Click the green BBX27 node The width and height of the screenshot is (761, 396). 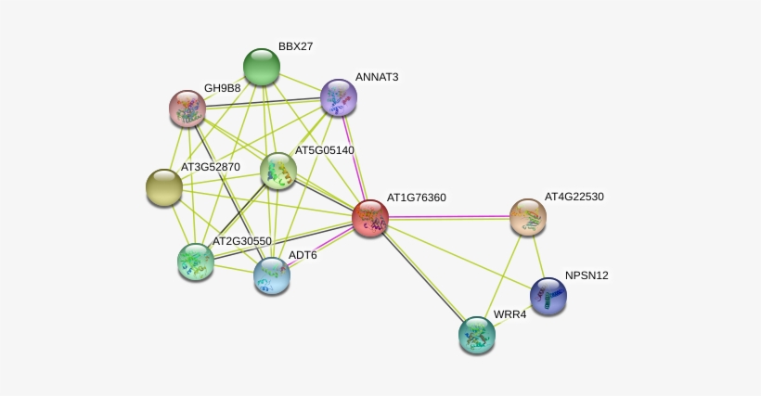tap(262, 67)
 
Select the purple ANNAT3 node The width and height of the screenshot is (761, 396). tap(339, 98)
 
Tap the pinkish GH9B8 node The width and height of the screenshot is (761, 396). tap(187, 109)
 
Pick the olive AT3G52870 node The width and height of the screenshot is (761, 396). tap(164, 187)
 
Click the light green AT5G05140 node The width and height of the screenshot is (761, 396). tap(278, 171)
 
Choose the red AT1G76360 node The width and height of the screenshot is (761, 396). tap(370, 218)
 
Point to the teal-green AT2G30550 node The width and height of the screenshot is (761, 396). tap(196, 262)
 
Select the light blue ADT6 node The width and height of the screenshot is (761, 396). tap(272, 275)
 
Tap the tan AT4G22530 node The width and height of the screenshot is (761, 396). tap(528, 217)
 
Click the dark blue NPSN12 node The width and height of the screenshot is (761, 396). tap(548, 296)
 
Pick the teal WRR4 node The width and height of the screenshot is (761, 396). tap(477, 336)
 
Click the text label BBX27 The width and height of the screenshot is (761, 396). tap(295, 46)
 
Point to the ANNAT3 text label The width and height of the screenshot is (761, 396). tap(377, 77)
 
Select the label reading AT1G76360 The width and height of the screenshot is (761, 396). tap(417, 198)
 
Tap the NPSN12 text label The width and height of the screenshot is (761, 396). tap(587, 275)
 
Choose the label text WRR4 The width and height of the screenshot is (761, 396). tap(509, 314)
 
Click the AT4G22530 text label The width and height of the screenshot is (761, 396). tap(574, 197)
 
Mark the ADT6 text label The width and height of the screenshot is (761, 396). tap(303, 255)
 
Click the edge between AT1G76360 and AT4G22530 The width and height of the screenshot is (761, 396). tap(449, 218)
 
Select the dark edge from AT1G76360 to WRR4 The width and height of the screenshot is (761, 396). tap(424, 276)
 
